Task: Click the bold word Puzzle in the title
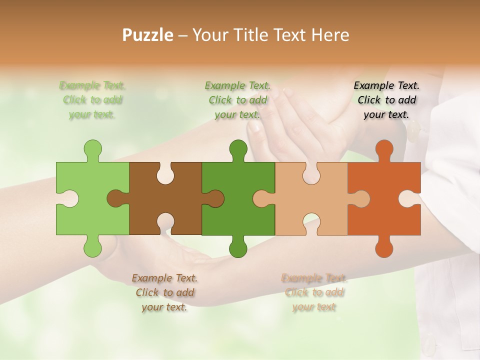coord(148,35)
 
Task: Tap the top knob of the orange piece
coord(384,150)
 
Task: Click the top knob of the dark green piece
coord(238,150)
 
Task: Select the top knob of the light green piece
coord(92,150)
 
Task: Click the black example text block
coord(386,100)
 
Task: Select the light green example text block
coord(92,100)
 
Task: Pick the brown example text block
coord(164,292)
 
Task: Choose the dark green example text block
coord(237,100)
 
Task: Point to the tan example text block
coord(314,292)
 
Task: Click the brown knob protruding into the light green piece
coord(116,198)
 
